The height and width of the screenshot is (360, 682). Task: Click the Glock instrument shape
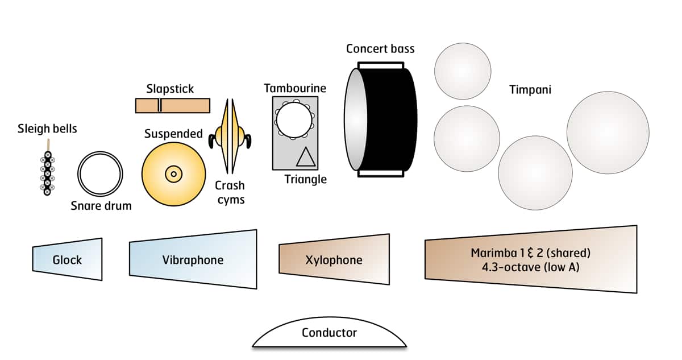click(x=68, y=259)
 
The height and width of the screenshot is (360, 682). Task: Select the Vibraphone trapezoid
click(x=193, y=260)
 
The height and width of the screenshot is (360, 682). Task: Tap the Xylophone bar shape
click(x=334, y=260)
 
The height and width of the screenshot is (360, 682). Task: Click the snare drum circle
click(x=101, y=173)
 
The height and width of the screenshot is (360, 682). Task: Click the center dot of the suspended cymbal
click(x=173, y=173)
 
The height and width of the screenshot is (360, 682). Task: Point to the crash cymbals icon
click(x=231, y=136)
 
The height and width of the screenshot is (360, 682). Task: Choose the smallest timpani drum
click(x=462, y=71)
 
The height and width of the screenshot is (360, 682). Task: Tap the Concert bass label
click(x=380, y=48)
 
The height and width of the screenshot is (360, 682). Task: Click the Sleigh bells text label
click(x=47, y=129)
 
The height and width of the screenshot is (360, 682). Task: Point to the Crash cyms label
click(x=230, y=192)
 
